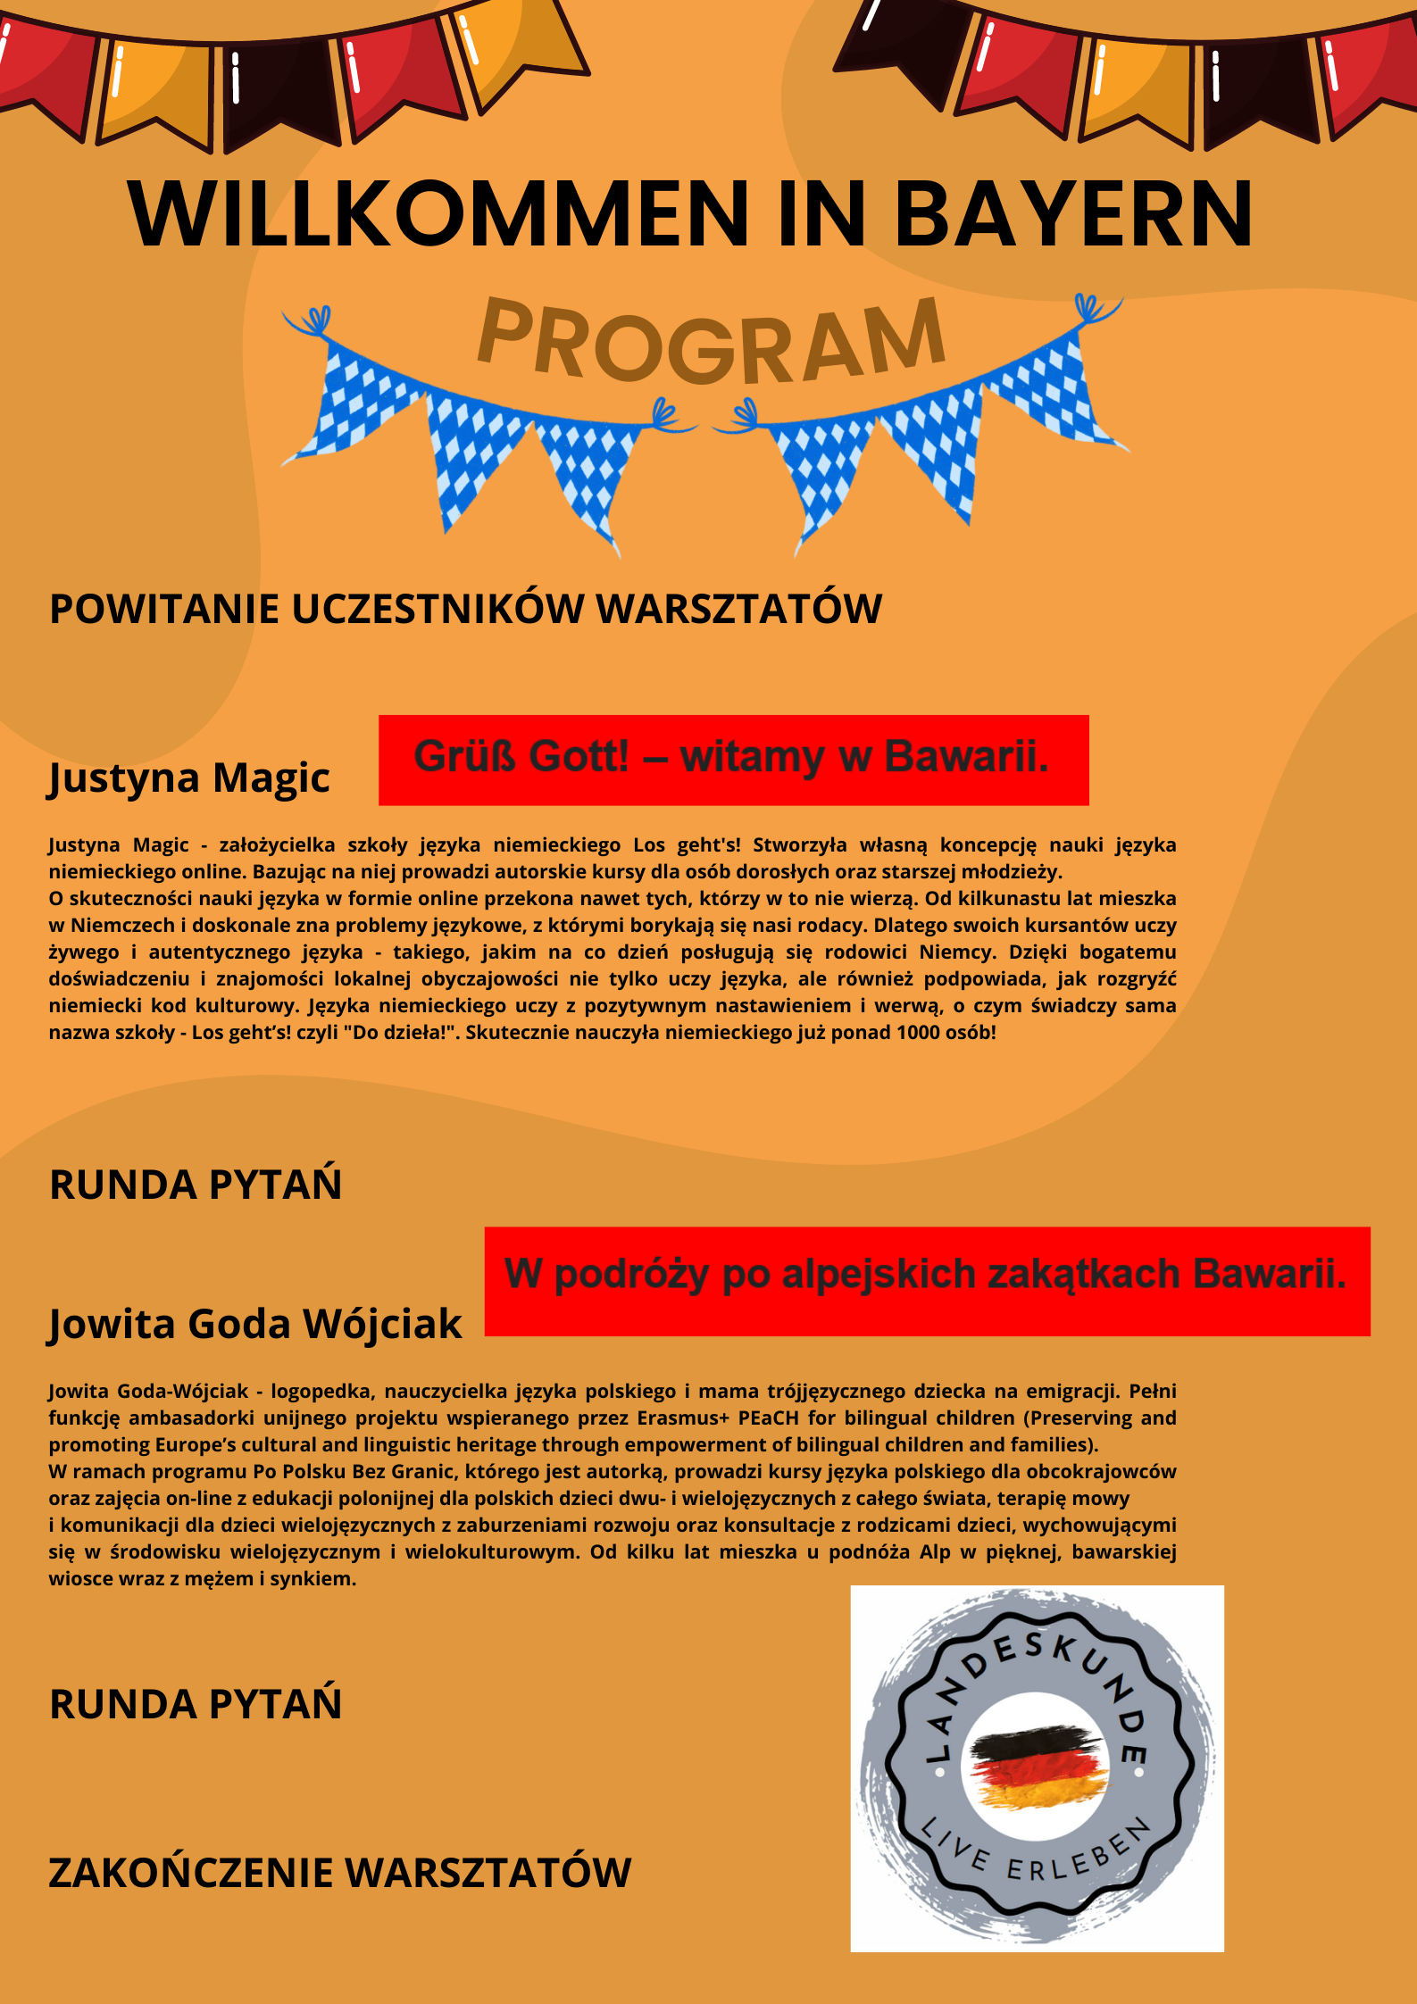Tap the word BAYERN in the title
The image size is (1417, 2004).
pyautogui.click(x=1073, y=214)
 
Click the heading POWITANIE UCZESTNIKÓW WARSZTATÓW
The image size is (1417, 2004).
pyautogui.click(x=465, y=610)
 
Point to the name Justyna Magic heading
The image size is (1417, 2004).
pyautogui.click(x=189, y=777)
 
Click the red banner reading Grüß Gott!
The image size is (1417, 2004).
pyautogui.click(x=733, y=760)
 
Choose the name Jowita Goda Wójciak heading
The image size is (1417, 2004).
pyautogui.click(x=255, y=1324)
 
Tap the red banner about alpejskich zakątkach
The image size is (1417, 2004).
pyautogui.click(x=926, y=1281)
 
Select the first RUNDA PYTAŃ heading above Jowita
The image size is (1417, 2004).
pyautogui.click(x=196, y=1185)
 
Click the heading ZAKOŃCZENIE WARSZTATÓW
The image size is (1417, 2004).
pyautogui.click(x=339, y=1873)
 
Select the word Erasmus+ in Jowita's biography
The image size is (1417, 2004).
pyautogui.click(x=683, y=1418)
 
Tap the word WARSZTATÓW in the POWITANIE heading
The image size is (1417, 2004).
pyautogui.click(x=738, y=610)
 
